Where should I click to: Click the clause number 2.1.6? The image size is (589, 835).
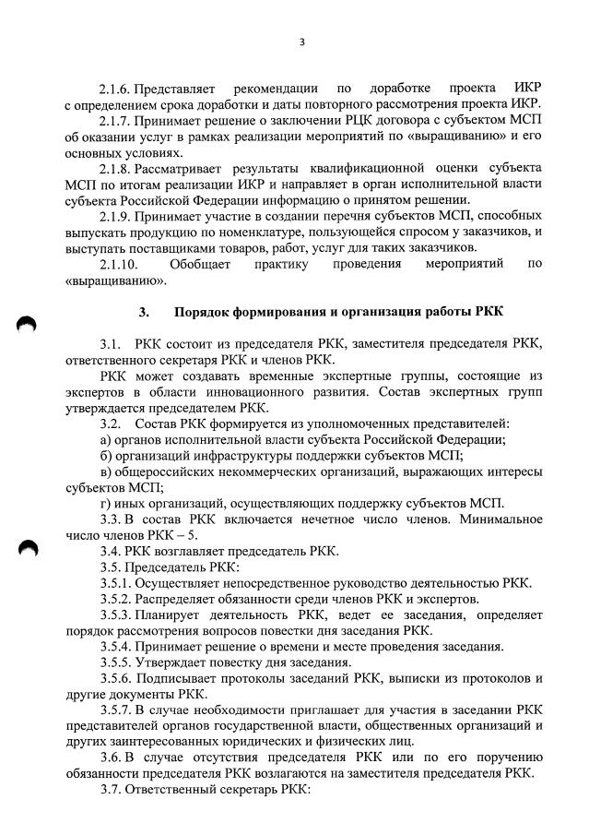click(115, 89)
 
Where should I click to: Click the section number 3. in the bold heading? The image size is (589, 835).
click(144, 312)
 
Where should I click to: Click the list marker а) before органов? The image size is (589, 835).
click(105, 439)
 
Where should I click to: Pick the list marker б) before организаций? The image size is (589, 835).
click(105, 455)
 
